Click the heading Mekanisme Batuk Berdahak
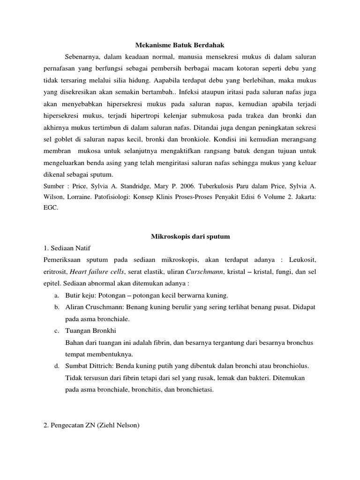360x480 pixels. (180, 45)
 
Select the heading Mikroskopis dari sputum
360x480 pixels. (190, 237)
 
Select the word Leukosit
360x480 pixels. (303, 259)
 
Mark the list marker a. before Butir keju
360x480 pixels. (56, 296)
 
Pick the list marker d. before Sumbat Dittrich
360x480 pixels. (56, 365)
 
